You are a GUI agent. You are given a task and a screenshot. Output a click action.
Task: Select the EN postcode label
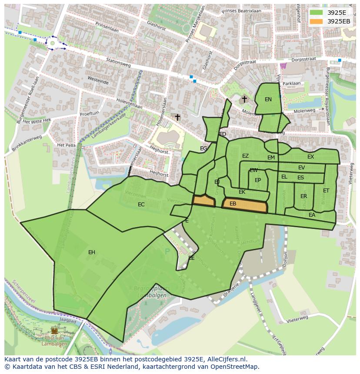point(268,99)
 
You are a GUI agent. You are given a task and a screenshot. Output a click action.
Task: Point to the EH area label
point(92,252)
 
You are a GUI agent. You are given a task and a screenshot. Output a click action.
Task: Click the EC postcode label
point(141,205)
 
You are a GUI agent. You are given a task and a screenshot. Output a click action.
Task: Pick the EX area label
point(310,157)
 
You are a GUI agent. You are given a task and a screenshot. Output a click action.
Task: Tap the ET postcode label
point(326,191)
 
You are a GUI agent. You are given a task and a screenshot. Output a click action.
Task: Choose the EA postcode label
point(312,215)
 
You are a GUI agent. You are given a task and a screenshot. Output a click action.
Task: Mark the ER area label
point(303,196)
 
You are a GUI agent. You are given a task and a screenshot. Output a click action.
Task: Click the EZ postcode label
point(245,156)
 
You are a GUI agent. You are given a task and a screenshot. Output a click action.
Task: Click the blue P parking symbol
point(167,251)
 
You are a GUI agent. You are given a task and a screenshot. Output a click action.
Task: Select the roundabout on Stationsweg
point(53,43)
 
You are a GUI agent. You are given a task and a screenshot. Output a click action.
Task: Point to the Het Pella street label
point(66,145)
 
